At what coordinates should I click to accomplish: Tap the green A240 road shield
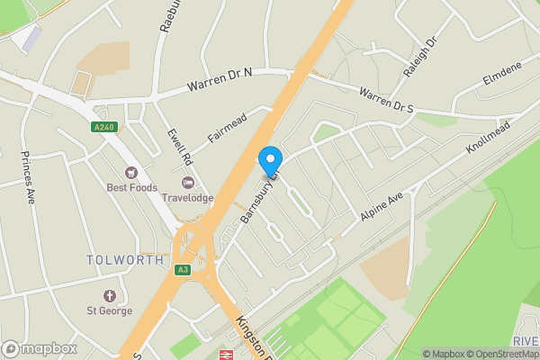click(104, 128)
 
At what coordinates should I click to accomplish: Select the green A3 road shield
click(184, 270)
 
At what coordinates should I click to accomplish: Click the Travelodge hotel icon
click(188, 183)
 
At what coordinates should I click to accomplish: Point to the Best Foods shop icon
click(131, 173)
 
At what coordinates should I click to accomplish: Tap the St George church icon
click(110, 296)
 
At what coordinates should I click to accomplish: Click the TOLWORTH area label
click(125, 260)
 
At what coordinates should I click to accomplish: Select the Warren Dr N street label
click(220, 86)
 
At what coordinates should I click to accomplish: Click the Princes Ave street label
click(26, 177)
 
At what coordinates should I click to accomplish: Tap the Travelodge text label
click(187, 197)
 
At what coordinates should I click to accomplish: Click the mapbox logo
click(38, 349)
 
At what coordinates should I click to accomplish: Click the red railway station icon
click(226, 355)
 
